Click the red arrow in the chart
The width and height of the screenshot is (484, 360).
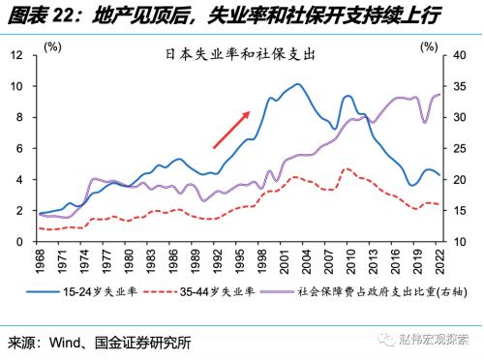(232, 130)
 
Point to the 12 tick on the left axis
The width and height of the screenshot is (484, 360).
(16, 55)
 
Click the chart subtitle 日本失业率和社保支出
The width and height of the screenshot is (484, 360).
(237, 56)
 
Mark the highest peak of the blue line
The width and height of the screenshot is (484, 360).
(299, 85)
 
